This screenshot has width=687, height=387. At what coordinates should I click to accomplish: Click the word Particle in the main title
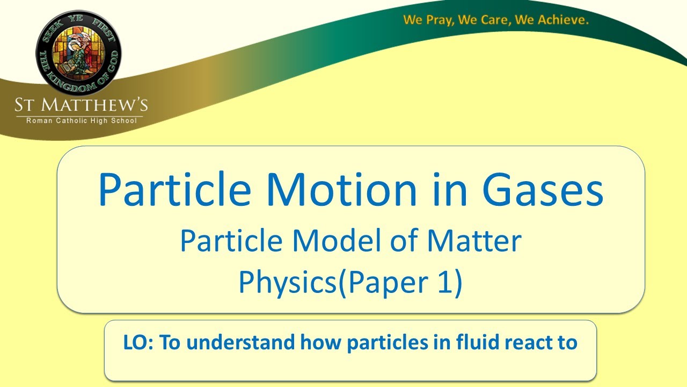[x=174, y=191]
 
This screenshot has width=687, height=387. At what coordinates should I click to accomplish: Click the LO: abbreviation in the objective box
[x=139, y=342]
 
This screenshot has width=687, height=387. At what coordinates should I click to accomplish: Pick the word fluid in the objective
[x=472, y=342]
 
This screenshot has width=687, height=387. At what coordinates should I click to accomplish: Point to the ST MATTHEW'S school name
[x=82, y=104]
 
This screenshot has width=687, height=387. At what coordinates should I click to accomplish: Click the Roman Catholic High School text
[x=82, y=121]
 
